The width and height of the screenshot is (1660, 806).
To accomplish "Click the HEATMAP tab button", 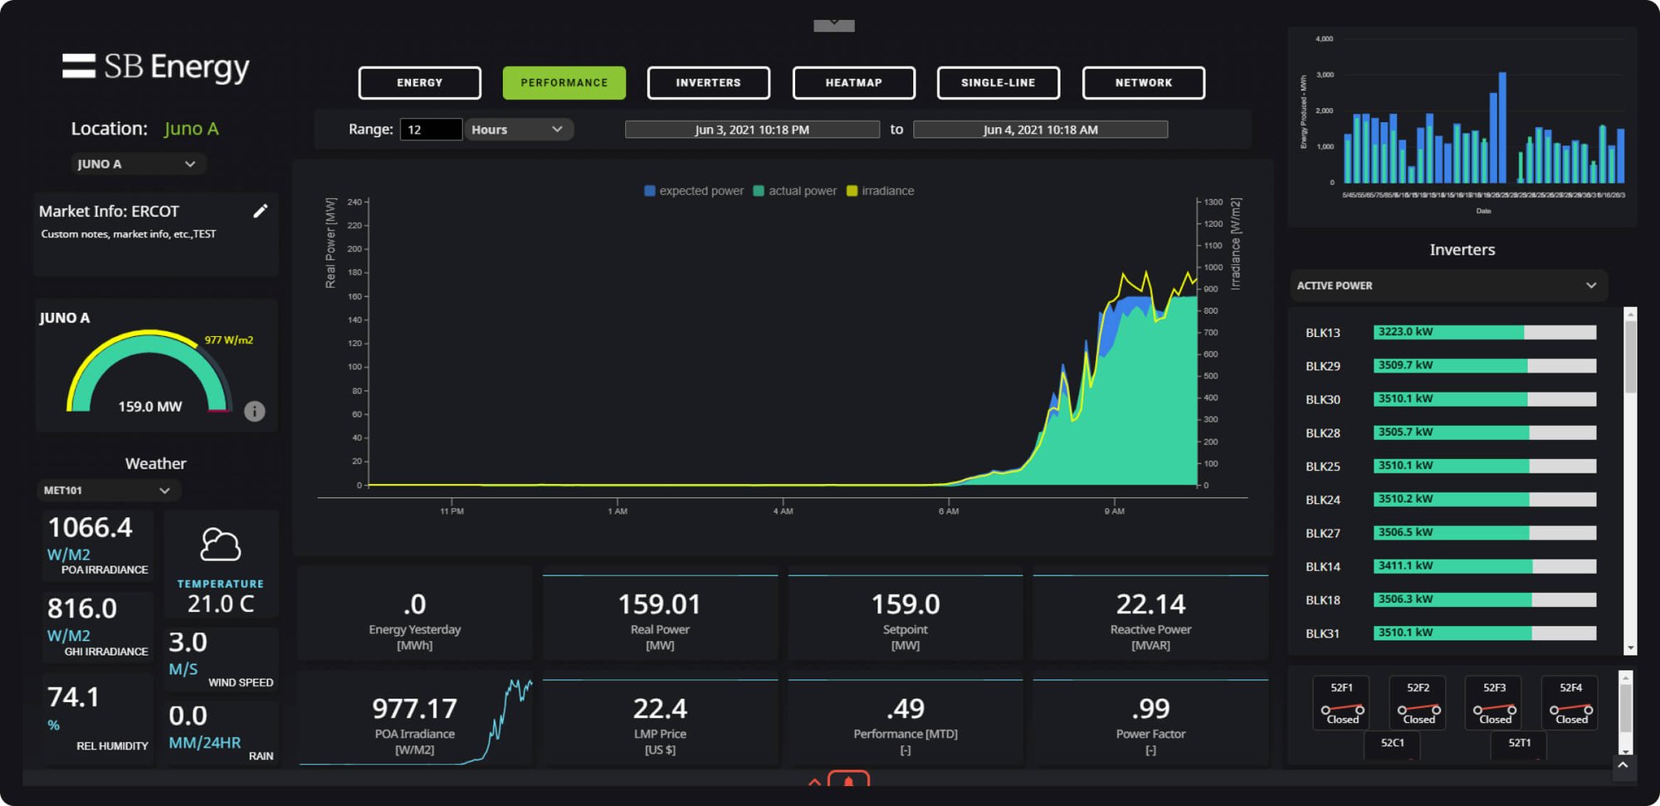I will (x=853, y=83).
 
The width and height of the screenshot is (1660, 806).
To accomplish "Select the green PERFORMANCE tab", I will (x=564, y=83).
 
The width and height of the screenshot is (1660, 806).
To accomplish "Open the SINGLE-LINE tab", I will (x=998, y=83).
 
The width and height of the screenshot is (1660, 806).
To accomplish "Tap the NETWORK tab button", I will (x=1143, y=83).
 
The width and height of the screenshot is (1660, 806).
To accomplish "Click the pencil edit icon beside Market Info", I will (x=261, y=211).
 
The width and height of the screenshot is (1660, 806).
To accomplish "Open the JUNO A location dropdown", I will (x=137, y=164).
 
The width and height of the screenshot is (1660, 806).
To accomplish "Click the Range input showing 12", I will (x=430, y=129).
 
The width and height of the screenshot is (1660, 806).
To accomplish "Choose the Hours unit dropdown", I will (x=518, y=129).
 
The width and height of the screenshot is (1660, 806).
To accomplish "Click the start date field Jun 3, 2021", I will (x=752, y=129).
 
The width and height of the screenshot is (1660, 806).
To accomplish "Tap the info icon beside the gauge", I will (x=255, y=411).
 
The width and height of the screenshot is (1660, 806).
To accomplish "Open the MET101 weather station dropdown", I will (x=108, y=491).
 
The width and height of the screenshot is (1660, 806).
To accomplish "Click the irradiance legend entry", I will (x=880, y=191).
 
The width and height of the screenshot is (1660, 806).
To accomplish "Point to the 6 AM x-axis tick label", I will (x=949, y=511).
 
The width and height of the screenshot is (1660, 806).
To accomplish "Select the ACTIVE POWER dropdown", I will (x=1448, y=286).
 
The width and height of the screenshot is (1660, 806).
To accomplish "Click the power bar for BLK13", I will (x=1484, y=332).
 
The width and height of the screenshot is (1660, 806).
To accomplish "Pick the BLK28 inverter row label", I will (x=1322, y=433).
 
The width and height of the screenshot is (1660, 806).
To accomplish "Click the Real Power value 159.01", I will (x=659, y=604).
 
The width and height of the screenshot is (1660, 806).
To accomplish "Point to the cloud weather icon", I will (x=221, y=545).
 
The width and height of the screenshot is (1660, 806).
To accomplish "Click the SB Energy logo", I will (x=156, y=67).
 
